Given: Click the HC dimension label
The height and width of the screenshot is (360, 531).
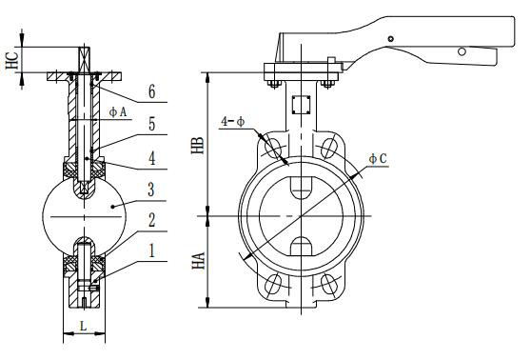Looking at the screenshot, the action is tap(12, 60).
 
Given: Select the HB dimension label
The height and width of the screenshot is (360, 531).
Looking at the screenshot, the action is tap(198, 146).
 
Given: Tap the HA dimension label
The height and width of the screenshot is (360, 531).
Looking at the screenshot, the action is tap(199, 260).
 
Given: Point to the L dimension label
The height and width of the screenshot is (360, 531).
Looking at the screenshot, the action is tap(83, 326).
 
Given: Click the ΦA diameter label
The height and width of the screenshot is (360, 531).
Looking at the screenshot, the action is tap(117, 111).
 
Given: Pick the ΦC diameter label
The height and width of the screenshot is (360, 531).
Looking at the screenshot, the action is tap(378, 158).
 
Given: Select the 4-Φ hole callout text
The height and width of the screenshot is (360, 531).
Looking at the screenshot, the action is tap(232, 122).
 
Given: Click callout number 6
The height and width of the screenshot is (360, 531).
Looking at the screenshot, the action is tap(152, 91).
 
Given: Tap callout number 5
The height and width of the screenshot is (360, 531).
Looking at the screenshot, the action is tap(152, 124).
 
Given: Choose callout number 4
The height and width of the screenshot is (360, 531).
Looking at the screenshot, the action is tap(152, 158).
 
